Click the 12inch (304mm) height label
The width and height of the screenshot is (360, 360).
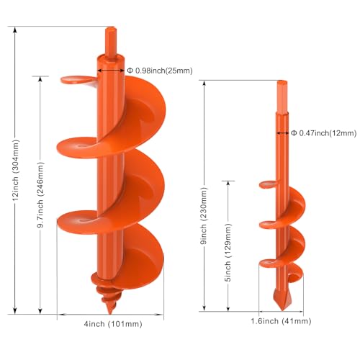click(x=15, y=171)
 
